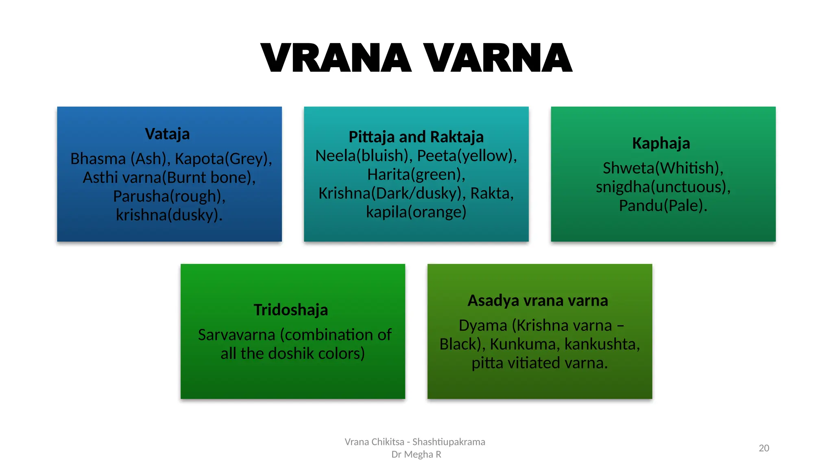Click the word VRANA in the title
(336, 58)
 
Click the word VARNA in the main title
(497, 58)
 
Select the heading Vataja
(167, 134)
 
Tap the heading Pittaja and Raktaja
(416, 137)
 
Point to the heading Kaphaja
(661, 143)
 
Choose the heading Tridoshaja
(291, 310)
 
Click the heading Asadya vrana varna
(538, 300)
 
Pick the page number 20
(764, 448)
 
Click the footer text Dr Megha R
(416, 454)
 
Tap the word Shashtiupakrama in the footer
(449, 442)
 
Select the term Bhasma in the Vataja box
(98, 159)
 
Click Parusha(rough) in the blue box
(169, 196)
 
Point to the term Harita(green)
(416, 175)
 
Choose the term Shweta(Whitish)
(663, 168)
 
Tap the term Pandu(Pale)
(663, 206)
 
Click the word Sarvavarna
(237, 335)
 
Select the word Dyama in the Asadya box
(483, 325)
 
